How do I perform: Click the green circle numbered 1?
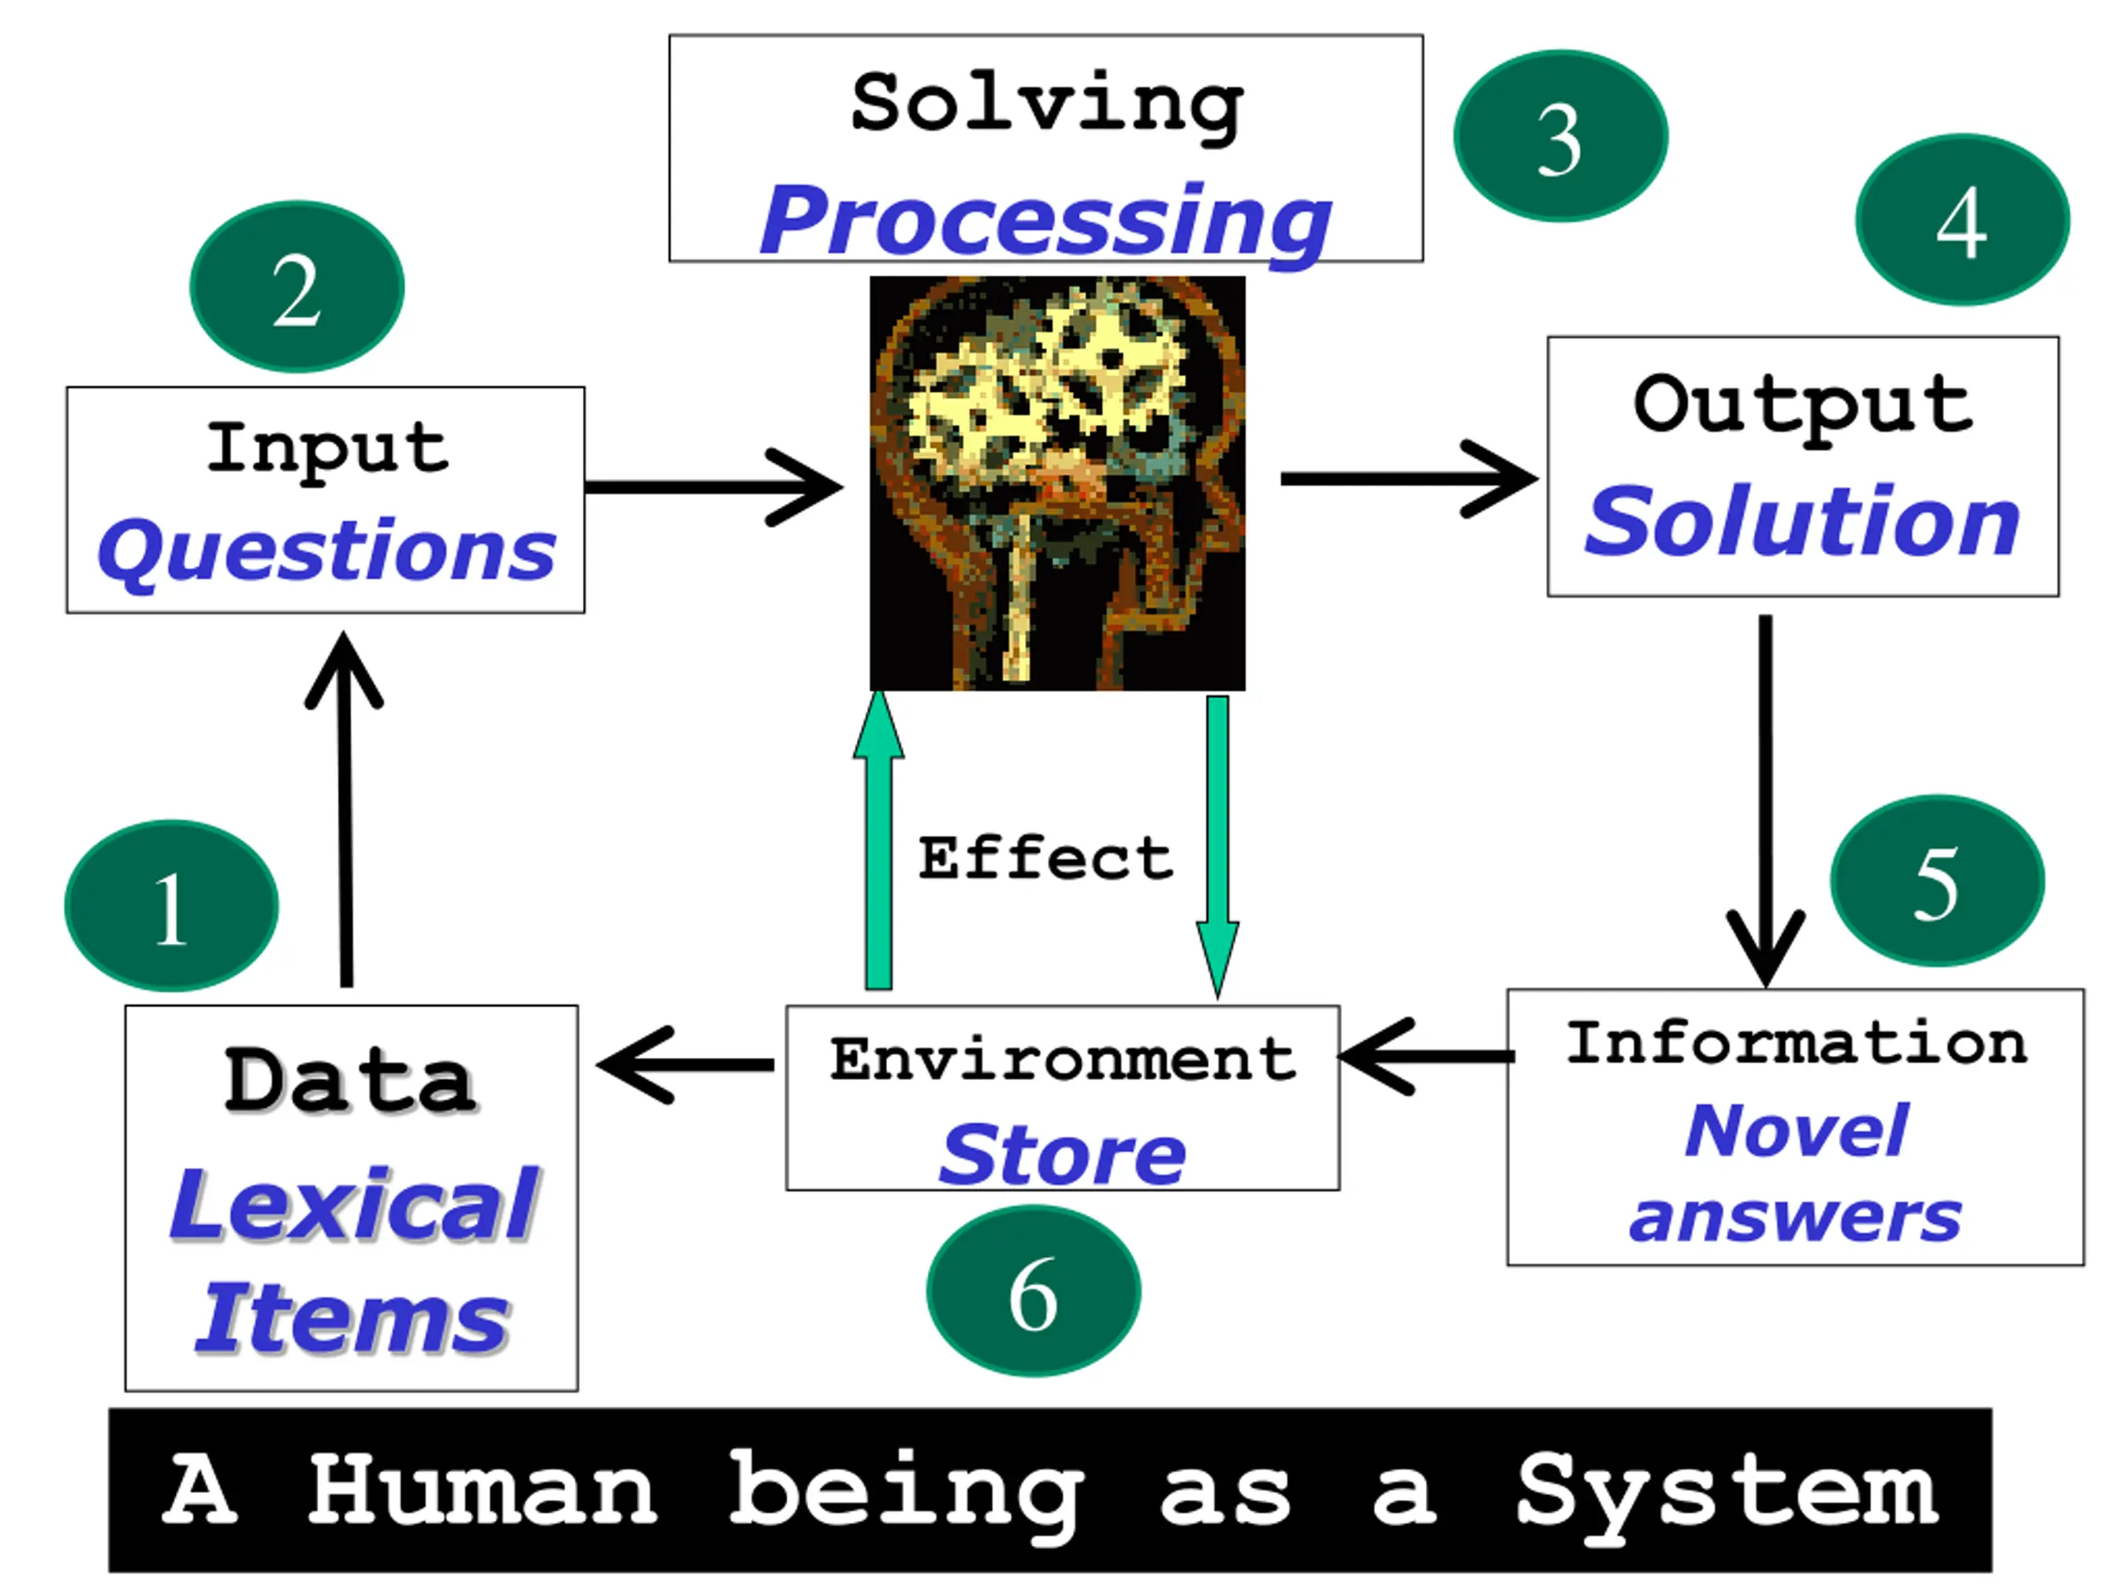171,905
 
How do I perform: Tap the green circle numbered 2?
297,286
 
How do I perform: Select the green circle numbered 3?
1560,135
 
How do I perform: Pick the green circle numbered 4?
1962,219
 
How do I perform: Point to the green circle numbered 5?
1937,881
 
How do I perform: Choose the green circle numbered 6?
1033,1290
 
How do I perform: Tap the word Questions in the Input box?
326,550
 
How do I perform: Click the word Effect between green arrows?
1045,857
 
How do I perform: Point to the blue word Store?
1062,1155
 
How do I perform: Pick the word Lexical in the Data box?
353,1204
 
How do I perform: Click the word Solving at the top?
1046,104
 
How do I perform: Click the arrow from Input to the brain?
711,487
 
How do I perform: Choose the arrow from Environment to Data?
684,1064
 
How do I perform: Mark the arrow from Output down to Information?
1766,798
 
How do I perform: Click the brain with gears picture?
1057,482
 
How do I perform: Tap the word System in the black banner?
1727,1490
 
